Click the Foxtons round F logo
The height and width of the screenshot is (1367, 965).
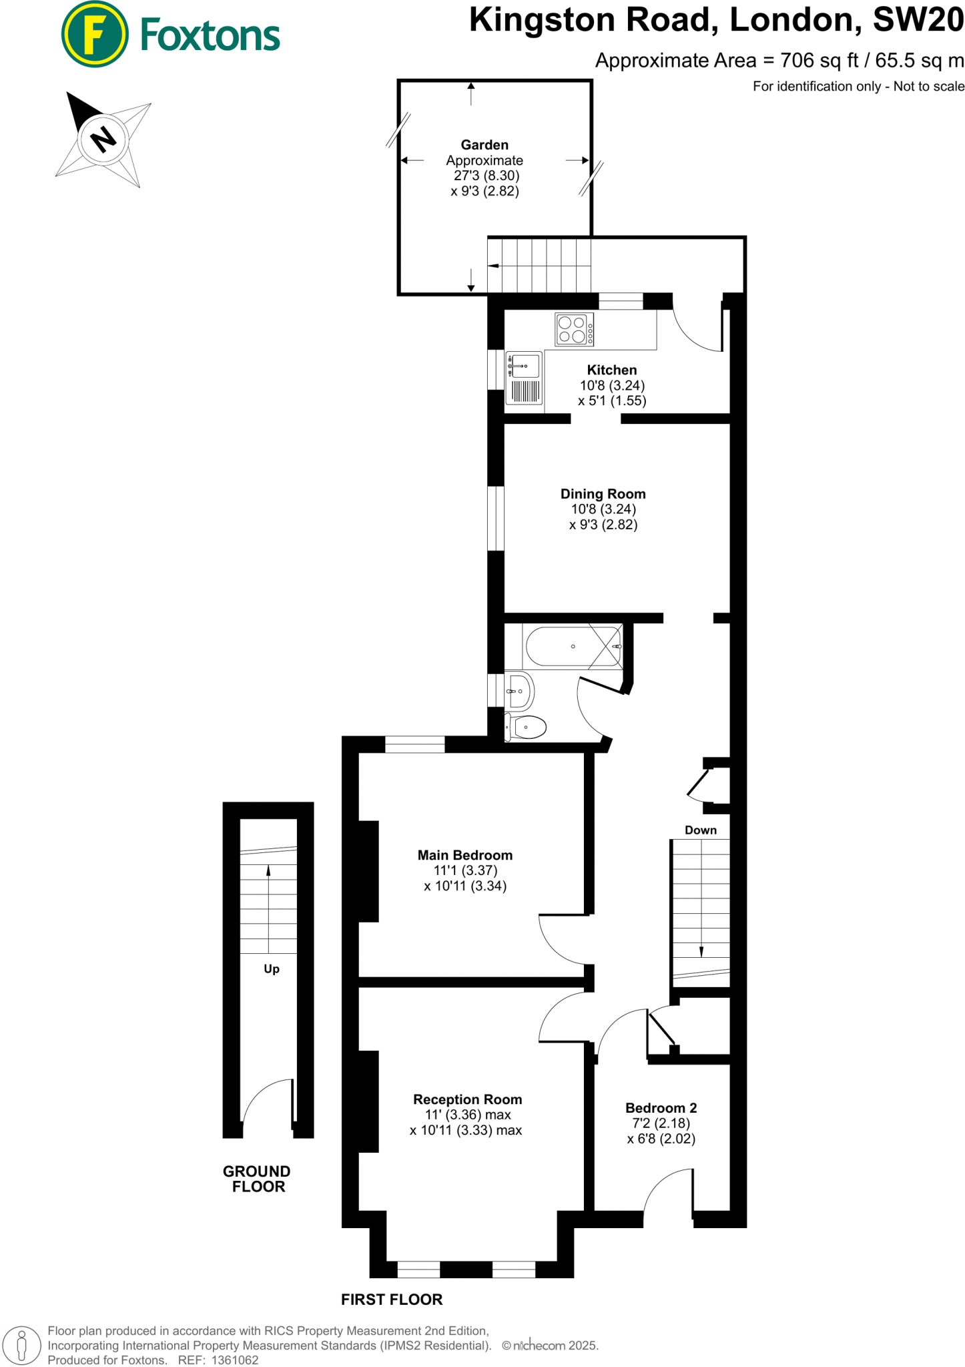pos(94,34)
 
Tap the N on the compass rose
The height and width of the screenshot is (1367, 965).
pos(103,140)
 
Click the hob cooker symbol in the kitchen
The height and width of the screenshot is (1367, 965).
pos(574,330)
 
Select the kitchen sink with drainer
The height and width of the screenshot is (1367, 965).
pos(525,378)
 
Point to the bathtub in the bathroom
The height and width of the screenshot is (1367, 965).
pos(573,646)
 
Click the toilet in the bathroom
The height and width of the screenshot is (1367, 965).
pos(527,727)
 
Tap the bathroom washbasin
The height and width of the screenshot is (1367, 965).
pos(519,692)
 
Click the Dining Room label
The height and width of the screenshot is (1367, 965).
pos(603,494)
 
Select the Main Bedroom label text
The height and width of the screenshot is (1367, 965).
pos(464,855)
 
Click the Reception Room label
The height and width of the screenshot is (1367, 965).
pos(467,1099)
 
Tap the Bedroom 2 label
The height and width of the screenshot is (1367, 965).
pos(661,1108)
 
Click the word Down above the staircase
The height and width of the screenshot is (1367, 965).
pos(700,830)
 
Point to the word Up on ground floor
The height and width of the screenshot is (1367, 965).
pos(271,969)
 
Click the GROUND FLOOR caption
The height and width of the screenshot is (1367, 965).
pos(257,1179)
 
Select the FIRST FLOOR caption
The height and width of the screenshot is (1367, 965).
pos(392,1300)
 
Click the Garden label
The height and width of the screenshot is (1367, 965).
pos(485,145)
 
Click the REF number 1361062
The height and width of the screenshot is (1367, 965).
pos(234,1360)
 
